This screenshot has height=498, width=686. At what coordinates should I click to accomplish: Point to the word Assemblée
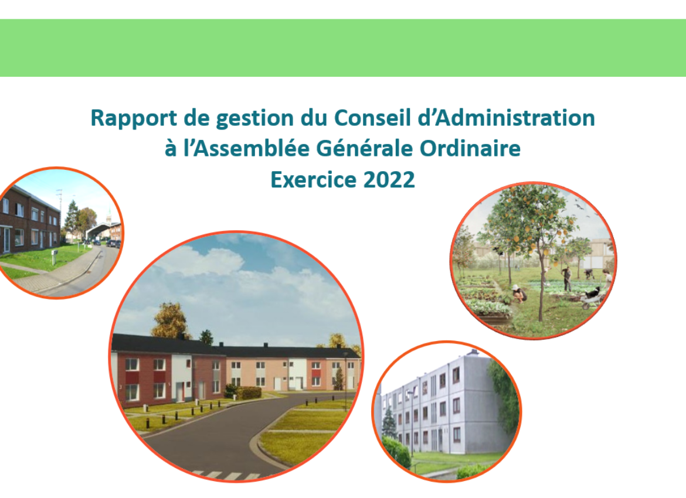[x=252, y=148]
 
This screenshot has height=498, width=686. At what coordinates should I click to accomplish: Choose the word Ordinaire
[x=470, y=148]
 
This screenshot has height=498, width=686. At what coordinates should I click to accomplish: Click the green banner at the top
[x=343, y=47]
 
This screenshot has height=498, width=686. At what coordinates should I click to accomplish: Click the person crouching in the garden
[x=519, y=293]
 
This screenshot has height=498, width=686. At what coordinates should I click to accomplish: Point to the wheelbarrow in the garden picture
[x=592, y=299]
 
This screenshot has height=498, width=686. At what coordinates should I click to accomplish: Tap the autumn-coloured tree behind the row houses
[x=170, y=320]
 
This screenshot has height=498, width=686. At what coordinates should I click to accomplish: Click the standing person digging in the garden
[x=567, y=279]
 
